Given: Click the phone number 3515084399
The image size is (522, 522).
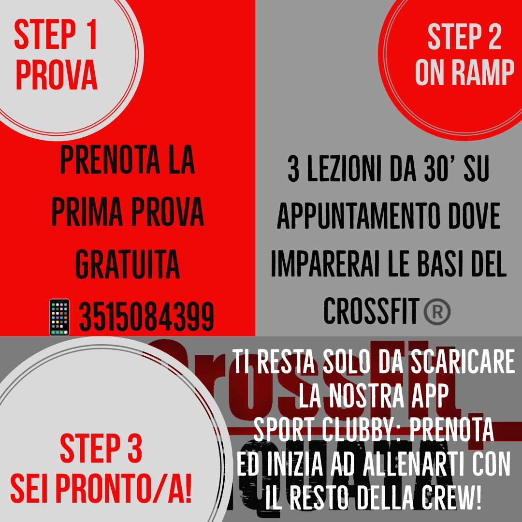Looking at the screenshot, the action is tap(146, 316).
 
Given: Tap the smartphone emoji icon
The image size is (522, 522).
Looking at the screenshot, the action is tap(59, 317).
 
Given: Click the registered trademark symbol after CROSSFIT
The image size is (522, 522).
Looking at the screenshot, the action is tap(437, 311).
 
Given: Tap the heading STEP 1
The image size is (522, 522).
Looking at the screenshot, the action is tap(56, 35).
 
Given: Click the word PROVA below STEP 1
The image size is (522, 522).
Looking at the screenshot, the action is tap(57, 74).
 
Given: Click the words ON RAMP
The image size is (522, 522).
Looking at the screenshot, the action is tap(465, 72).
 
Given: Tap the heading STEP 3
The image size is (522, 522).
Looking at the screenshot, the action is tap(101, 449).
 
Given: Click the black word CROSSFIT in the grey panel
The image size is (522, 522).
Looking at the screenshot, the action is tap(371, 311).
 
